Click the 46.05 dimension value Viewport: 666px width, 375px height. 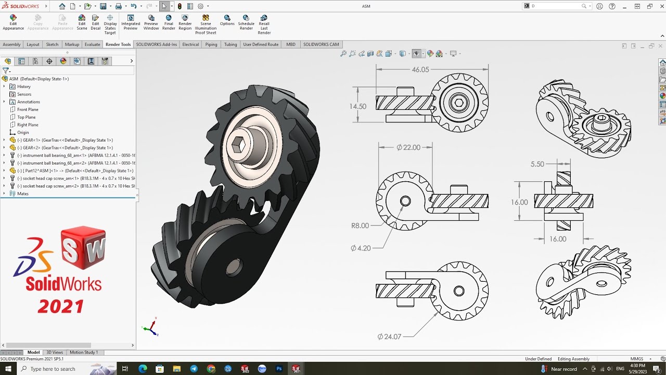coord(420,70)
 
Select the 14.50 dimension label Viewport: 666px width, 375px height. coord(358,106)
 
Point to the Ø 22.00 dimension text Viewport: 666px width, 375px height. coord(408,147)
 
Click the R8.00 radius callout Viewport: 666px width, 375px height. coord(360,226)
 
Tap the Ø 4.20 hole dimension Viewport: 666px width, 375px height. coord(361,248)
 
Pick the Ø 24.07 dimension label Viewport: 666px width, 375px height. coord(389,337)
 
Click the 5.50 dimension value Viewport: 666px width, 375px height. coord(537,164)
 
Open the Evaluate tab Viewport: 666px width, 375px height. coord(92,44)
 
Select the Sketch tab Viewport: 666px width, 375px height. coord(52,44)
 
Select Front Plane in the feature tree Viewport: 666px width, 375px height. coord(28,109)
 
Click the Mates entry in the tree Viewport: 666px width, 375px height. coord(23,194)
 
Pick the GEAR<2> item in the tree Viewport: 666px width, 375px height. coord(65,148)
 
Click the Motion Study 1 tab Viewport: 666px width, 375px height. coord(83,353)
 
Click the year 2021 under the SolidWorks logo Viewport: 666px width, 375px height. coord(60,306)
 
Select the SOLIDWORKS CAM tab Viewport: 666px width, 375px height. coord(321,44)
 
